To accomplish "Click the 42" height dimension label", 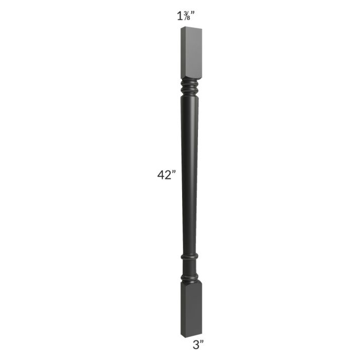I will coord(167,175).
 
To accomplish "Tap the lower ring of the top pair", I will coord(189,90).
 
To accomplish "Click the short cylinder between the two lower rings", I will coord(189,267).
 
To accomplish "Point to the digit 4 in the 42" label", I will coord(161,175).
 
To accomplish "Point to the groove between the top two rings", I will coord(189,87).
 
